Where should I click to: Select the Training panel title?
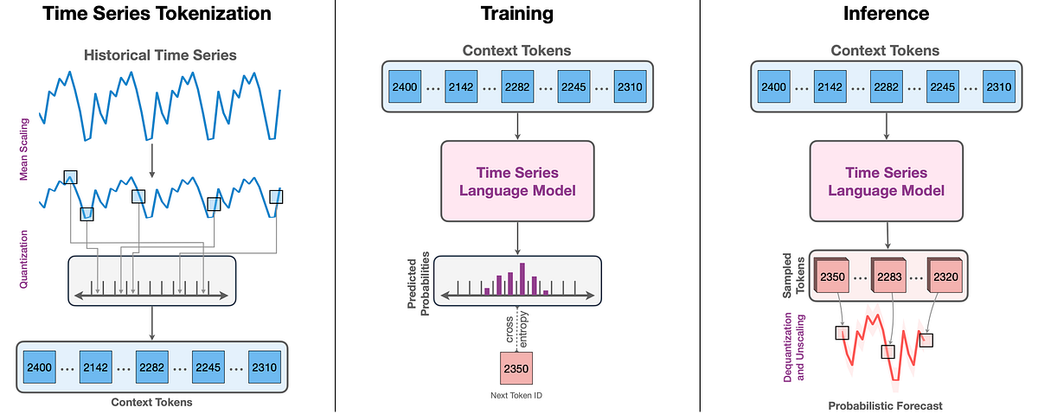[x=517, y=14]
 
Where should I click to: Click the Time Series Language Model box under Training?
[x=517, y=182]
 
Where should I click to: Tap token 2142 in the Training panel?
[x=462, y=86]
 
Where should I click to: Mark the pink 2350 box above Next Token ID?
[x=516, y=368]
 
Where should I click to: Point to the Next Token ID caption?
[x=516, y=395]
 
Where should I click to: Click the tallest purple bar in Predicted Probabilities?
[x=522, y=278]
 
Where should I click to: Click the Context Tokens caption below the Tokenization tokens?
[x=152, y=402]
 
